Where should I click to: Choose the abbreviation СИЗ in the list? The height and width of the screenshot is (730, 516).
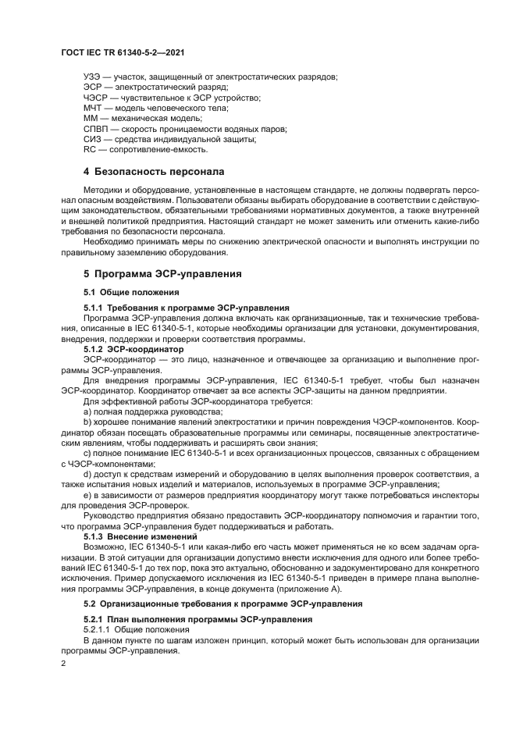[92, 138]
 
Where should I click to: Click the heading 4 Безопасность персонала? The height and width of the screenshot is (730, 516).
[154, 171]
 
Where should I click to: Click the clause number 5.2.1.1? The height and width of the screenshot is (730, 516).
[100, 629]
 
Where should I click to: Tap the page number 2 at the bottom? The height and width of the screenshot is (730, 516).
[63, 663]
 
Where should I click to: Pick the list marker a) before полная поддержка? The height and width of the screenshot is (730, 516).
[87, 411]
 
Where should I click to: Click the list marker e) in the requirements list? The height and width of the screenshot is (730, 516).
[87, 495]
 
